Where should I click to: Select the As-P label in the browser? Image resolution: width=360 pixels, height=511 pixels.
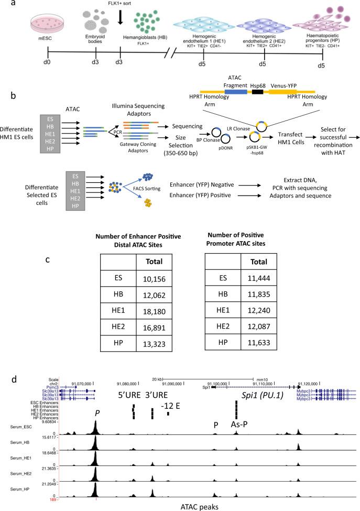pyautogui.click(x=239, y=425)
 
